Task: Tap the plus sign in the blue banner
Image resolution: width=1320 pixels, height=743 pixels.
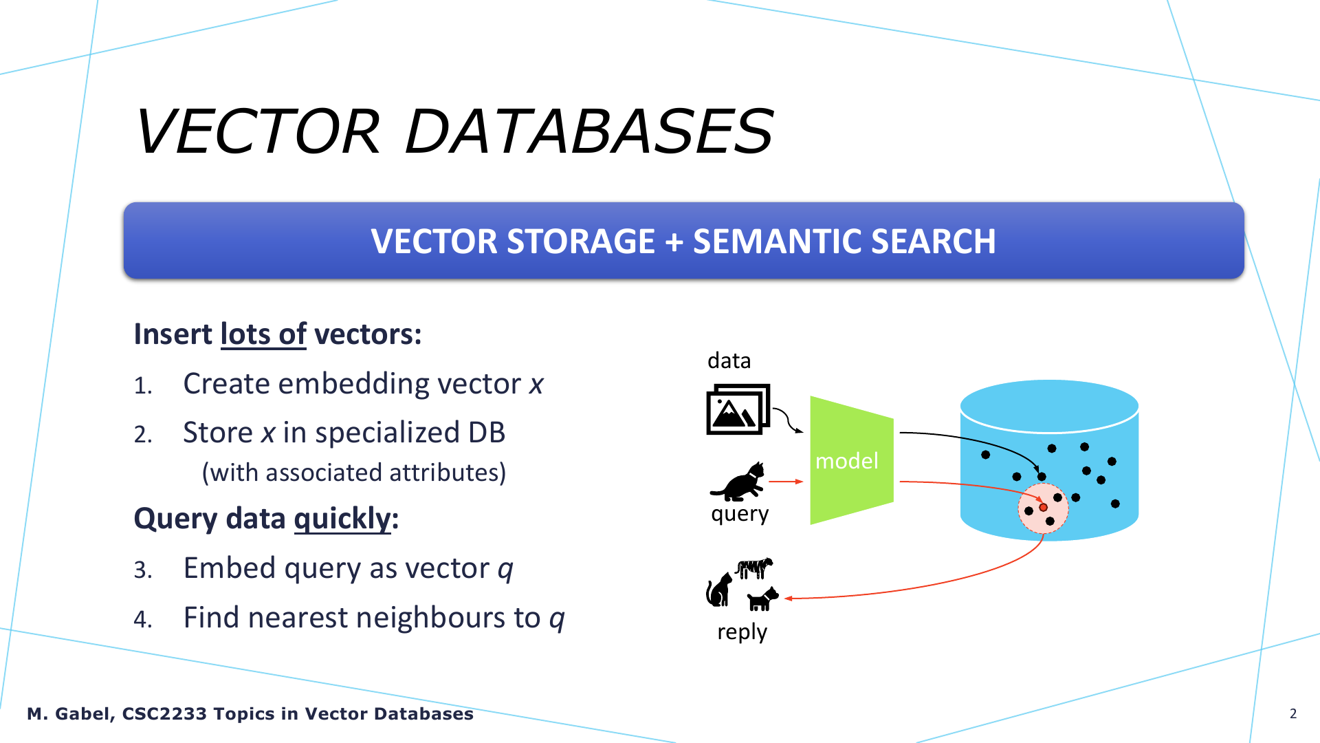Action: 674,242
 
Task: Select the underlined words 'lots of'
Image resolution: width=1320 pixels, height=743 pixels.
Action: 263,334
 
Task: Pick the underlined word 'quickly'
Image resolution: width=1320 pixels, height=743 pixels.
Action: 342,519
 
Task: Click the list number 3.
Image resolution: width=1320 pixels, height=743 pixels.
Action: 143,570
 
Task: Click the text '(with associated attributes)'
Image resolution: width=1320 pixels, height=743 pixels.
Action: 354,473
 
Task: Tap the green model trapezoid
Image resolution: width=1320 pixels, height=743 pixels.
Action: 852,460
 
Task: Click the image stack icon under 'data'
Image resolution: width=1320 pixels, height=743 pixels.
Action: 738,409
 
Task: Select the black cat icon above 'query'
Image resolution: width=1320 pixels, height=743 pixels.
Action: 738,482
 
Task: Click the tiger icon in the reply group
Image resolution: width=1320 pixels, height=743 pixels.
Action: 754,568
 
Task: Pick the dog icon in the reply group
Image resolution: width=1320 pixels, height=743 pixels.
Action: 762,599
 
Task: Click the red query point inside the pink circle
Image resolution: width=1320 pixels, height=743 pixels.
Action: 1043,508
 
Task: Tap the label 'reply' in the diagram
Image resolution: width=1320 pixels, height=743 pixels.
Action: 742,632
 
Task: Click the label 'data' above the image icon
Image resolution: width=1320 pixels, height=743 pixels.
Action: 729,360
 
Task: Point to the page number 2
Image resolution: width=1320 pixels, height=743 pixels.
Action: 1293,713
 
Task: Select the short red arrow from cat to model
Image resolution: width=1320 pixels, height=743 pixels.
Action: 786,482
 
